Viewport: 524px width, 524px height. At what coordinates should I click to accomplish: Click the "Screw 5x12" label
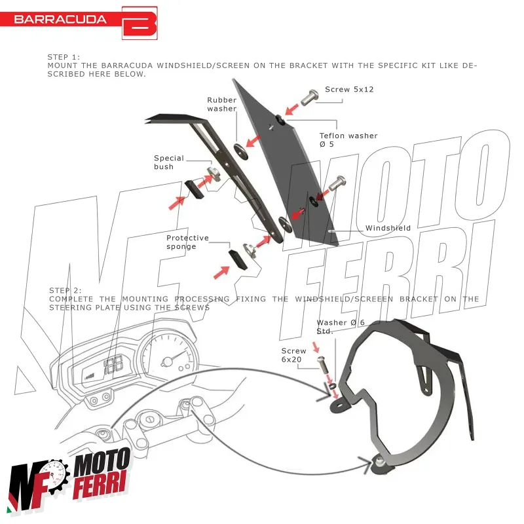pos(349,89)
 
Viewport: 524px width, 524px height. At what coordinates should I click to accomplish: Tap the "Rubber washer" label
pos(221,104)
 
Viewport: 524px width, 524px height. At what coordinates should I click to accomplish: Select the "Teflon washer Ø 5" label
pos(348,140)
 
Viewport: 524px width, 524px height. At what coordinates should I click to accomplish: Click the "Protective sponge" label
pos(187,242)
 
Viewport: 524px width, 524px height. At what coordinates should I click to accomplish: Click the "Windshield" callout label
pos(388,228)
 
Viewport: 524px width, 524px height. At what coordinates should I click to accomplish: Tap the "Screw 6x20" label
pos(294,356)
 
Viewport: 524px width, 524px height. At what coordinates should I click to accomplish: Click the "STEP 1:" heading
pos(64,58)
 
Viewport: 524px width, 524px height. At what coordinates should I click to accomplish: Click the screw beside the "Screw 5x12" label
pos(309,98)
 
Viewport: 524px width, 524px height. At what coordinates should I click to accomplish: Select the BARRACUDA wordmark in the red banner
pos(60,19)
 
